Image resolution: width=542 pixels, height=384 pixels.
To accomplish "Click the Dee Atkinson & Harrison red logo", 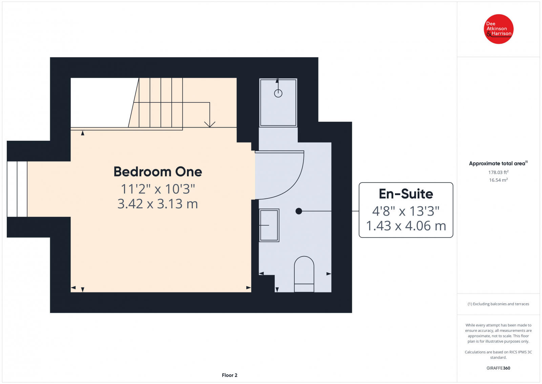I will pyautogui.click(x=498, y=29).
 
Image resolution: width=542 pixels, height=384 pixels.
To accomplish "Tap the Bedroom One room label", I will pyautogui.click(x=158, y=172).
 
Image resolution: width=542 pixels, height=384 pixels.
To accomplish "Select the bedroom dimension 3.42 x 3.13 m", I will pyautogui.click(x=158, y=204).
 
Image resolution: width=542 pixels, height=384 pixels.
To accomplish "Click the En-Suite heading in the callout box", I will pyautogui.click(x=406, y=194).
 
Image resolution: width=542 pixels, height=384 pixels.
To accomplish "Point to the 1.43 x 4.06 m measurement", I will pyautogui.click(x=406, y=226).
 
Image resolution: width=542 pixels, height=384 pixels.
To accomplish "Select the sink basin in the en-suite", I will pyautogui.click(x=269, y=225).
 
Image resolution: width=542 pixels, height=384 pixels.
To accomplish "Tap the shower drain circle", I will pyautogui.click(x=278, y=93).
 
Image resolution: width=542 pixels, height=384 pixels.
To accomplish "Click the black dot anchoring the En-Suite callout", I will pyautogui.click(x=299, y=211).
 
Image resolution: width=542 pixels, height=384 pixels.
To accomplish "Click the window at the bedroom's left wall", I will pyautogui.click(x=17, y=189).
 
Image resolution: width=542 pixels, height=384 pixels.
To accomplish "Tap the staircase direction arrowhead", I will pyautogui.click(x=210, y=124).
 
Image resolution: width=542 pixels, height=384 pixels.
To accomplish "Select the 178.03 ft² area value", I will pyautogui.click(x=498, y=172).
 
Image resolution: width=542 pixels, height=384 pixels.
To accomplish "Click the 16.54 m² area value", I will pyautogui.click(x=498, y=180).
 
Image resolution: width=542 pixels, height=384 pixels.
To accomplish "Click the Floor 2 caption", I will pyautogui.click(x=229, y=375).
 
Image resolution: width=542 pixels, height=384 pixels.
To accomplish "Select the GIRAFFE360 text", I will pyautogui.click(x=498, y=368).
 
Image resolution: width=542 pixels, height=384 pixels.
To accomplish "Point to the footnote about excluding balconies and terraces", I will pyautogui.click(x=498, y=304).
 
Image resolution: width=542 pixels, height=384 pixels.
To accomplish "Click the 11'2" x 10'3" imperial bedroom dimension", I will pyautogui.click(x=158, y=189).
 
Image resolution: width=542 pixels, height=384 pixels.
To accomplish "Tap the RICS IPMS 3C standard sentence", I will pyautogui.click(x=498, y=354).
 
